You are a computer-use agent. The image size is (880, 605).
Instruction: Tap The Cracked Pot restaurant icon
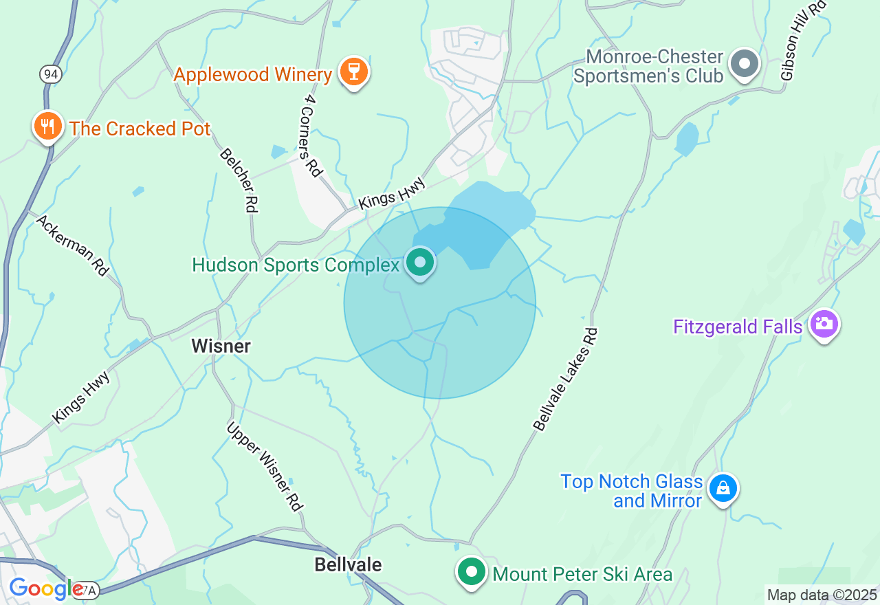point(47,126)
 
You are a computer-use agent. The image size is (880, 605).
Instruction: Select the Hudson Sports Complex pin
point(419,263)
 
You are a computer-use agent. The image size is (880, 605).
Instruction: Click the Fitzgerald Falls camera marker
point(824,324)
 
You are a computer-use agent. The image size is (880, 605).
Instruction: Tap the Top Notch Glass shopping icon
point(723,489)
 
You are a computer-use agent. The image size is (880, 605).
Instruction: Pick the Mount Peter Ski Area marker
point(472,572)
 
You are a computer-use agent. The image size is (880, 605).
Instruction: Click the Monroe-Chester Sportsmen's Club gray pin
point(744,65)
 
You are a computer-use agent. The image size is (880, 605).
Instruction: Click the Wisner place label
point(221,346)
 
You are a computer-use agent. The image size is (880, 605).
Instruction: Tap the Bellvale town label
point(348,564)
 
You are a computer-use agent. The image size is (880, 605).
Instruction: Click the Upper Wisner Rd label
point(265,466)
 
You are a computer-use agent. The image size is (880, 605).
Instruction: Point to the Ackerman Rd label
point(72,245)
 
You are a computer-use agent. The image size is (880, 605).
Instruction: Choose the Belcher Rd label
point(239,179)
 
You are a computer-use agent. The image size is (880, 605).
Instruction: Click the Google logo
point(46,589)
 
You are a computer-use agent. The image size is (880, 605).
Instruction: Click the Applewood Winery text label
point(252,74)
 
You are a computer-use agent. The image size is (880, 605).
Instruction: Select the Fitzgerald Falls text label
point(738,326)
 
